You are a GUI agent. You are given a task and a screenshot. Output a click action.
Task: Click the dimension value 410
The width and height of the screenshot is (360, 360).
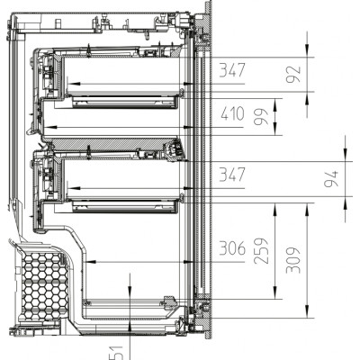point(231,115)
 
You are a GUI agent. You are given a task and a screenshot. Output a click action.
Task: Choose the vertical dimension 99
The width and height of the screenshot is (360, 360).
point(264,115)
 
